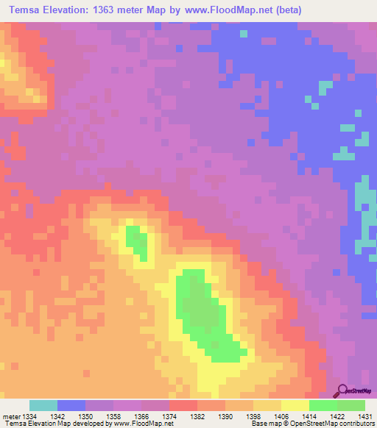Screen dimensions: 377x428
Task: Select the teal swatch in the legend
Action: (43, 405)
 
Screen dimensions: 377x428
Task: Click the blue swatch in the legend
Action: (71, 405)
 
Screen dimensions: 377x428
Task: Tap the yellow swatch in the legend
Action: (295, 405)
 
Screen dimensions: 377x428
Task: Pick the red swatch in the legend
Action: (183, 405)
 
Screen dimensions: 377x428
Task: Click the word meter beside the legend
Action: (11, 415)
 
